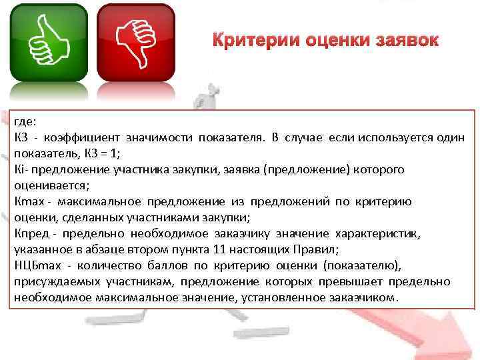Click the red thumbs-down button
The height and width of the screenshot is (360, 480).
coord(137,41)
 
